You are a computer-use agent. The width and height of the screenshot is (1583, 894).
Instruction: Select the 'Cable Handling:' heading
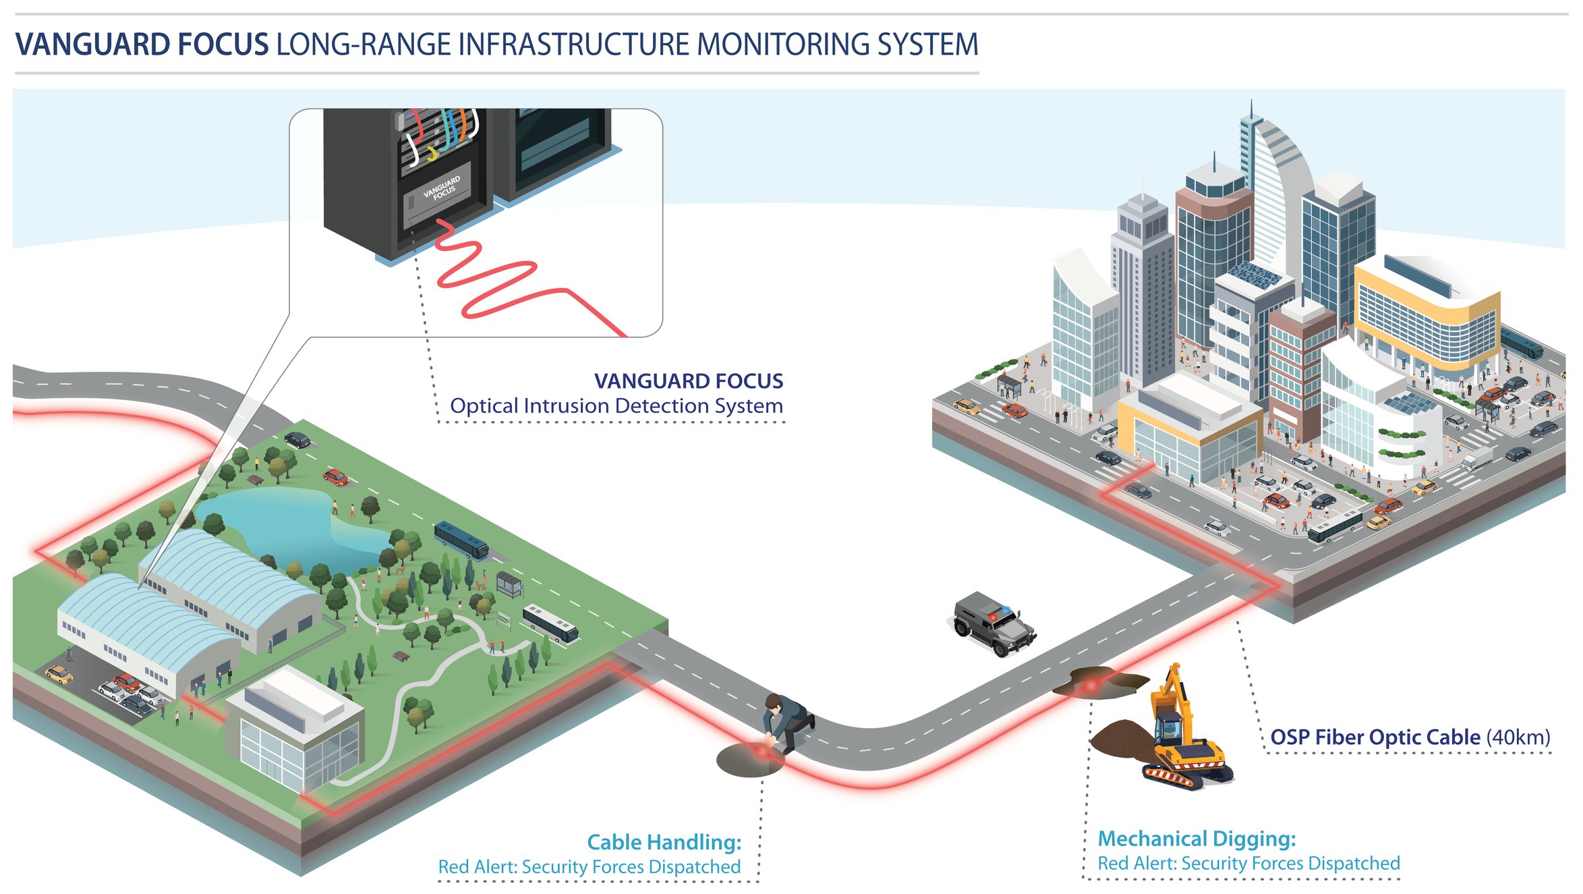click(664, 842)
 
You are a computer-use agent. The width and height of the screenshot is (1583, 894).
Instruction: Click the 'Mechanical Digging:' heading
click(1197, 839)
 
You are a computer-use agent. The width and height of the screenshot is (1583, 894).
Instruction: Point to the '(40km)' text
click(1518, 737)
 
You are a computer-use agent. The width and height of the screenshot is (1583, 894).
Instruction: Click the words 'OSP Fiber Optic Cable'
click(1375, 737)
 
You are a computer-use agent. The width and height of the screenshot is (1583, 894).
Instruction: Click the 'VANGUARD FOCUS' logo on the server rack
click(442, 188)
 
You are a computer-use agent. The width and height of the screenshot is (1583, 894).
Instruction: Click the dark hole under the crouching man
click(746, 761)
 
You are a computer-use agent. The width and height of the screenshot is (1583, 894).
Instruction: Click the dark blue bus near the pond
click(461, 540)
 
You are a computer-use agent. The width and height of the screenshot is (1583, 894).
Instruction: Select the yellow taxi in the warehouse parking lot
click(59, 674)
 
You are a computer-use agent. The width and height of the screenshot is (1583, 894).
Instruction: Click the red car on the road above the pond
click(335, 477)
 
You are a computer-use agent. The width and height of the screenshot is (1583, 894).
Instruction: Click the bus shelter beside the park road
click(509, 583)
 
